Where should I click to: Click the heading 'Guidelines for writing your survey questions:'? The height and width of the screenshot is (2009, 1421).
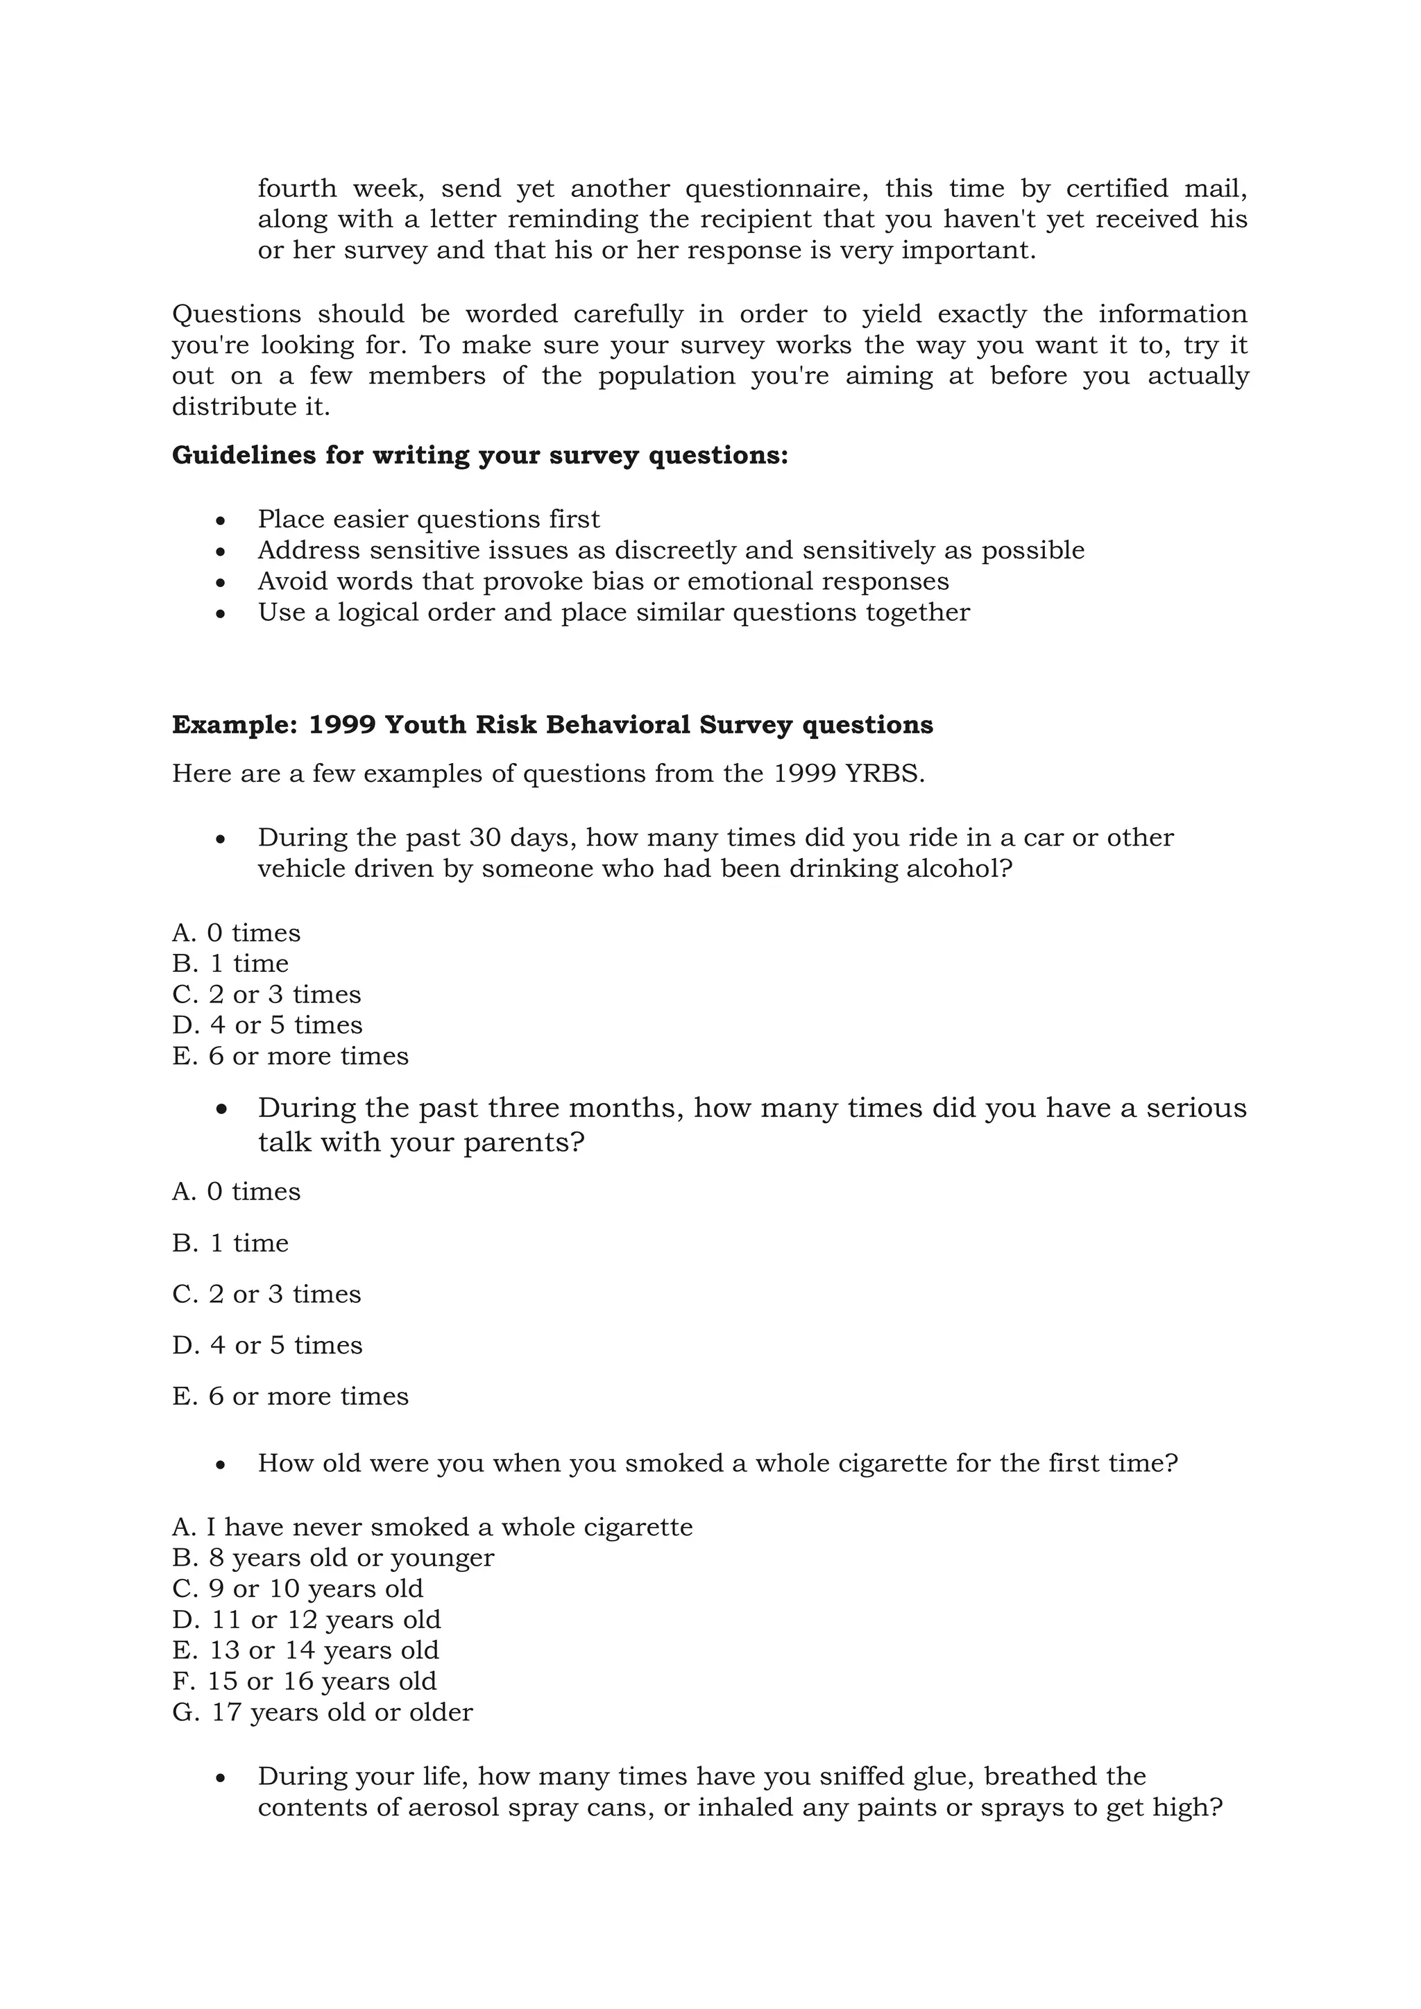(479, 456)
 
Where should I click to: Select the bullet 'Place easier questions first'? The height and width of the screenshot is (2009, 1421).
(429, 520)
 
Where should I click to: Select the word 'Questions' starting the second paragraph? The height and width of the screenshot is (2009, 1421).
(236, 314)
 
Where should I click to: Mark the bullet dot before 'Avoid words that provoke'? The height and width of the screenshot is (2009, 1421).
(221, 583)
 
